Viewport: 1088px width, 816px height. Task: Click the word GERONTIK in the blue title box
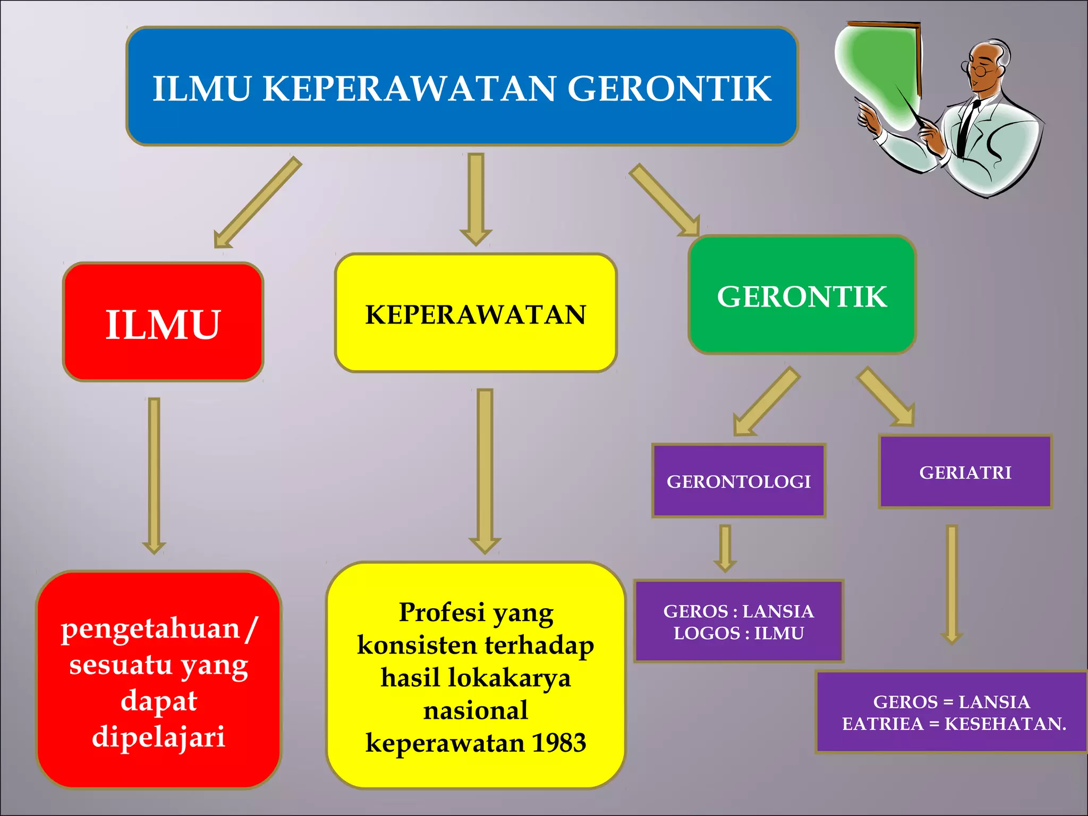(669, 88)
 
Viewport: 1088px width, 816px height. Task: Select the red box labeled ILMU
(163, 322)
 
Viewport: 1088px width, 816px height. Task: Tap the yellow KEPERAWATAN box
(475, 313)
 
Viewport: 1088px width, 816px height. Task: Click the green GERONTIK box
(802, 295)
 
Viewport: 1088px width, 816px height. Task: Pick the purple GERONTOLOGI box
(738, 481)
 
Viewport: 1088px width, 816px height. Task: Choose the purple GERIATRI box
(965, 472)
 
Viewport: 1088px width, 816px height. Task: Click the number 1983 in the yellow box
(558, 743)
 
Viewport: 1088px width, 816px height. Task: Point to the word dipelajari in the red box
(158, 737)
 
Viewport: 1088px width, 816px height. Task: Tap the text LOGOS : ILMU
(738, 633)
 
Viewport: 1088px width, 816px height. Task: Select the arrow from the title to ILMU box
(257, 203)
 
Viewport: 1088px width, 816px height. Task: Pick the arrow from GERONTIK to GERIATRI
(886, 396)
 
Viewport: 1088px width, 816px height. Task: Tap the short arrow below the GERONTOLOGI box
(725, 547)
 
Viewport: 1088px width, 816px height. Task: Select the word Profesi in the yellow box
(442, 612)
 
